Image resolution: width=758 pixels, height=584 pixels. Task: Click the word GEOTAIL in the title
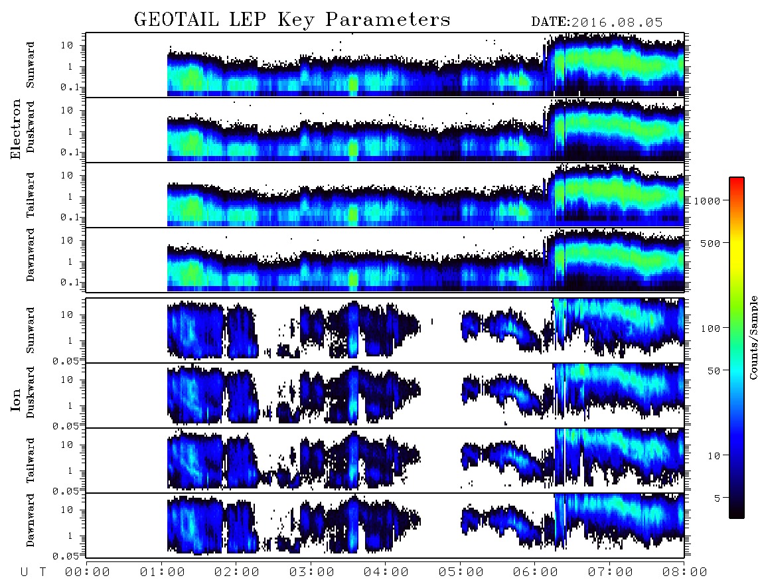(x=176, y=20)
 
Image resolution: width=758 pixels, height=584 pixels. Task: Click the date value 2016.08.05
(x=617, y=23)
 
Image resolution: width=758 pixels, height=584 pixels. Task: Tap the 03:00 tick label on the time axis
(x=311, y=572)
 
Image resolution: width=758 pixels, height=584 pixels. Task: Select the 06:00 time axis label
(x=535, y=572)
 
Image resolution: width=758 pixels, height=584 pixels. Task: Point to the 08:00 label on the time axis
(x=684, y=572)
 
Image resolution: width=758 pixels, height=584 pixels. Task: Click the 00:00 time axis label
(x=88, y=572)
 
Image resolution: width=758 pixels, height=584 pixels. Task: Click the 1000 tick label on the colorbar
(x=708, y=200)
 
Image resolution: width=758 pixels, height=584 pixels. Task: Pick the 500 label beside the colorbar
(x=711, y=243)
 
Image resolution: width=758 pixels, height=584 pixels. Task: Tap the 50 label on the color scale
(x=714, y=371)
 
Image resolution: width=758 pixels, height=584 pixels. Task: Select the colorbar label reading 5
(x=718, y=498)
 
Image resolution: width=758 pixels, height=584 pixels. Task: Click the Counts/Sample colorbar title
(x=753, y=337)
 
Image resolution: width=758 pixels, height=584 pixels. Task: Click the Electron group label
(x=15, y=129)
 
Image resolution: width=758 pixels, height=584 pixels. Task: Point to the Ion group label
(x=15, y=400)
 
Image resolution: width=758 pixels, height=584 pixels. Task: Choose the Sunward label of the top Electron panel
(x=30, y=65)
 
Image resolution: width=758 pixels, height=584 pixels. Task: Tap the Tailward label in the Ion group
(x=30, y=461)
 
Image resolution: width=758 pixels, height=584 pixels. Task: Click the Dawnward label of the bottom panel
(x=30, y=520)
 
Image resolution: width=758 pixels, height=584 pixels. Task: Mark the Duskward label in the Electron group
(x=30, y=127)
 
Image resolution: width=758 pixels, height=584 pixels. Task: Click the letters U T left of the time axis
(x=33, y=573)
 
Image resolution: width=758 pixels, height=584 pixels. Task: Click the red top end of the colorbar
(x=737, y=180)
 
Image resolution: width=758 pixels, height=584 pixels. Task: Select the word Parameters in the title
(x=388, y=20)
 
